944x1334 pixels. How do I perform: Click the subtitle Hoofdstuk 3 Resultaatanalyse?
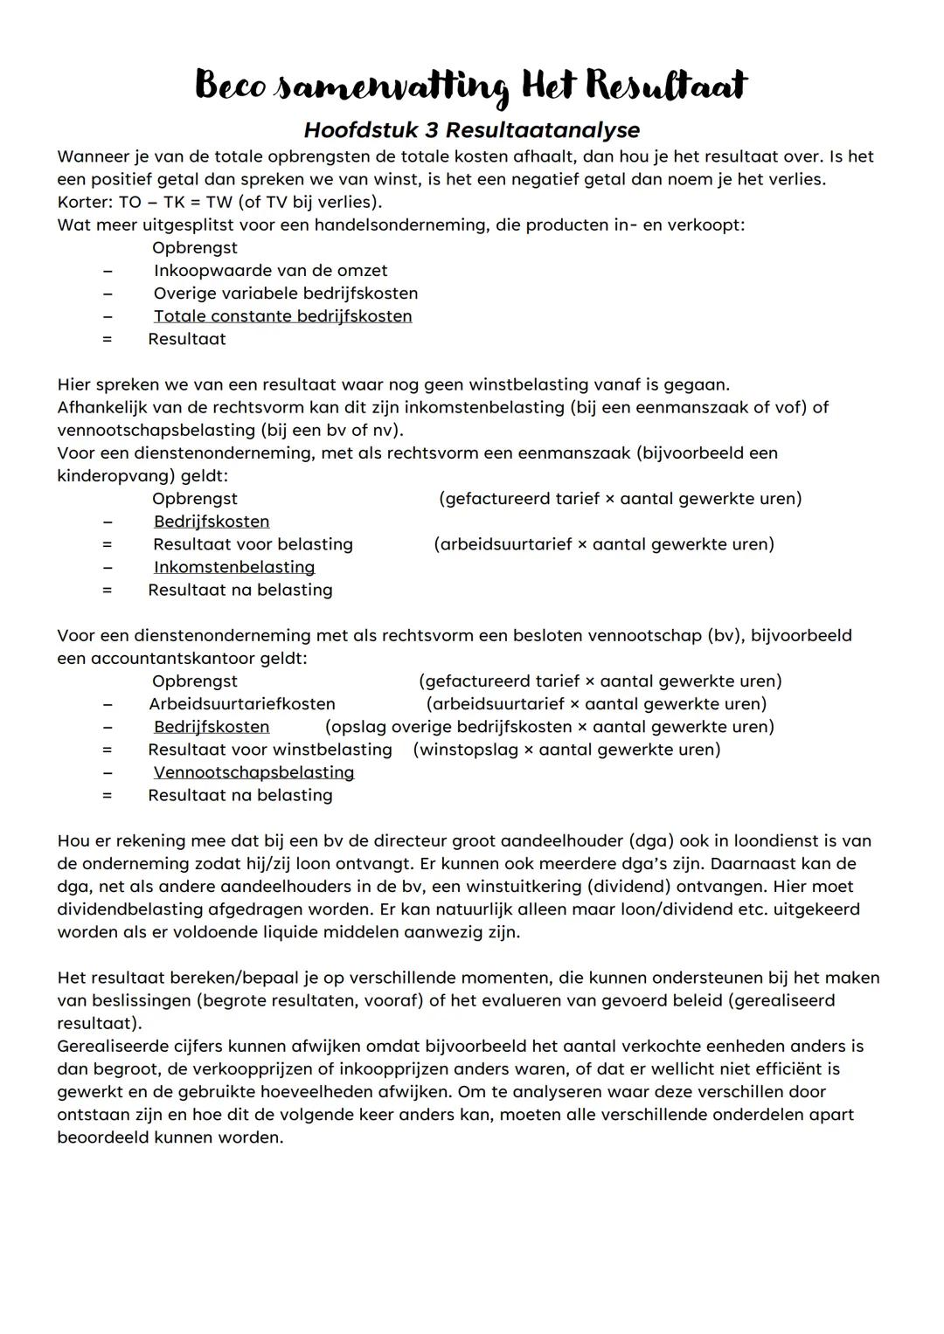[471, 130]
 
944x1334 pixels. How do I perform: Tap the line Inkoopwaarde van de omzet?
[270, 271]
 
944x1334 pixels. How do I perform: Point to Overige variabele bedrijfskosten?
[286, 294]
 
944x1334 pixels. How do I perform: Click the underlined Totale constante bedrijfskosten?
[282, 316]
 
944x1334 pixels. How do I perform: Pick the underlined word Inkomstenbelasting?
[234, 567]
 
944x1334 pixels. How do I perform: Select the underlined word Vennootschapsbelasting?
[253, 772]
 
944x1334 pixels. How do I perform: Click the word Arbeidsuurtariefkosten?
[242, 703]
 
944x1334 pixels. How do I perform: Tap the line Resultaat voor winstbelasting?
[270, 750]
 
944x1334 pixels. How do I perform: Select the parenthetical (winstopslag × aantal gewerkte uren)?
[567, 750]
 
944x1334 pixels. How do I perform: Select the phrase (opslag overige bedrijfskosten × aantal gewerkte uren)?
[549, 727]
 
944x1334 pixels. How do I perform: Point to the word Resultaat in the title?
[666, 86]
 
